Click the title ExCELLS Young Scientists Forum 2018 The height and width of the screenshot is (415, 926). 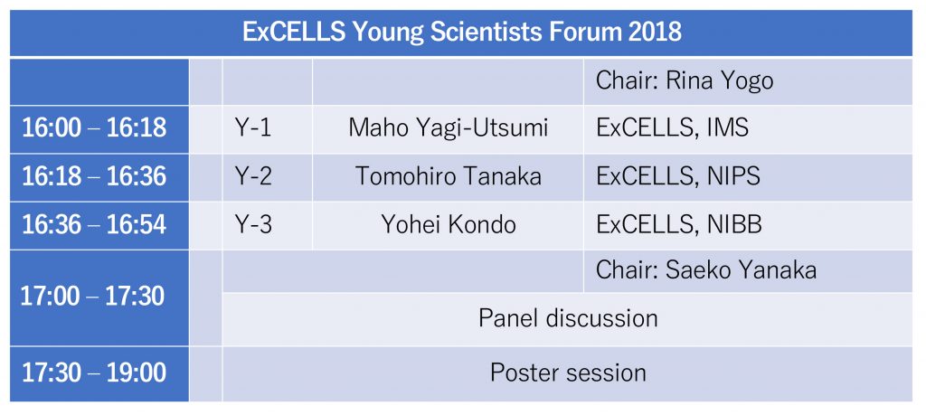click(x=462, y=33)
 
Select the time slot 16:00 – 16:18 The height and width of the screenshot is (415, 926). click(x=94, y=128)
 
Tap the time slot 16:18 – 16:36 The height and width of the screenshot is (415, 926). click(x=94, y=176)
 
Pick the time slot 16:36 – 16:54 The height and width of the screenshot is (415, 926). click(x=94, y=225)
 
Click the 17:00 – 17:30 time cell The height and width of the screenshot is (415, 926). click(x=93, y=297)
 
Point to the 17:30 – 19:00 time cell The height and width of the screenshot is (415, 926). click(x=94, y=373)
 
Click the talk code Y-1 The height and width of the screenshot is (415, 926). click(x=253, y=128)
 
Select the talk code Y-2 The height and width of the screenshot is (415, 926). click(x=253, y=176)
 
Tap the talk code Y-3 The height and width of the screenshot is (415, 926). click(x=253, y=225)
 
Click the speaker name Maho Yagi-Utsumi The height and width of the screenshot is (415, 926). click(x=449, y=128)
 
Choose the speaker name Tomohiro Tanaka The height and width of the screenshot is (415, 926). click(x=449, y=176)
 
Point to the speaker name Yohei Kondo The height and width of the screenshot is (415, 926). click(x=449, y=225)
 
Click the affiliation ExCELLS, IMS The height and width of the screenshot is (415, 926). click(x=672, y=128)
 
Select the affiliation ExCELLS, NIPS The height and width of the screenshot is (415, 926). click(x=678, y=177)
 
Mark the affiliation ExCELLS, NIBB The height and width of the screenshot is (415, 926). click(x=678, y=225)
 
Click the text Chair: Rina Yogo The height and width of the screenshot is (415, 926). click(x=685, y=81)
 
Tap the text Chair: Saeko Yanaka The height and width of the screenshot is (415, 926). click(x=706, y=270)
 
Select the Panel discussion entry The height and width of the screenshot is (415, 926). click(x=568, y=319)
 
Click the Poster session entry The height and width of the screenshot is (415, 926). click(x=568, y=373)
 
